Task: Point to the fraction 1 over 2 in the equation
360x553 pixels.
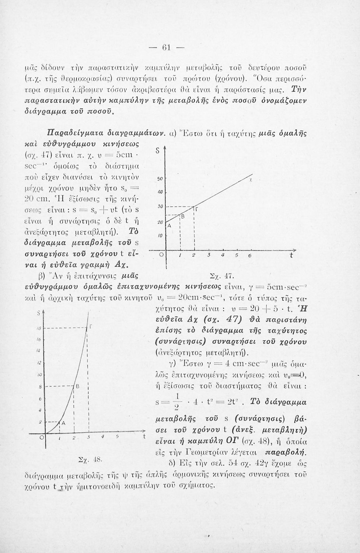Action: pyautogui.click(x=175, y=401)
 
